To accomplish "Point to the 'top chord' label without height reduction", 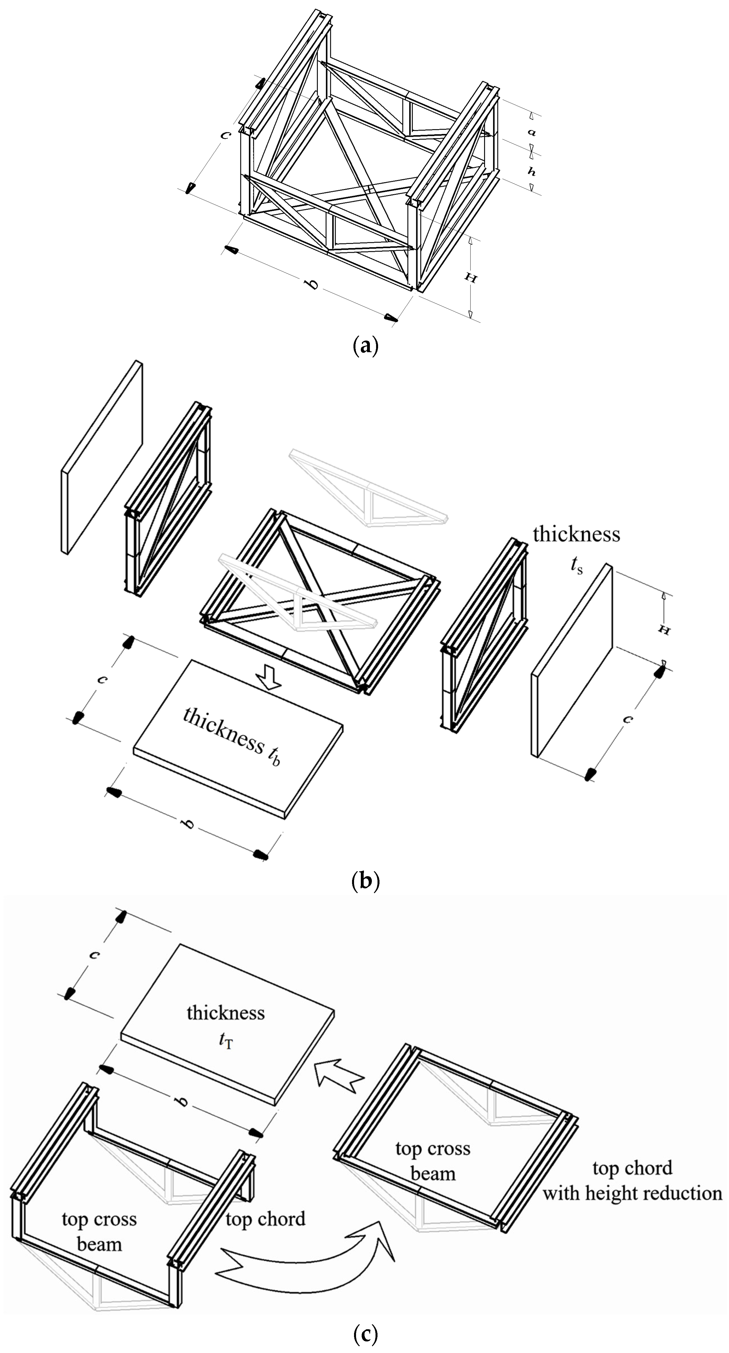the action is pyautogui.click(x=266, y=1218).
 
